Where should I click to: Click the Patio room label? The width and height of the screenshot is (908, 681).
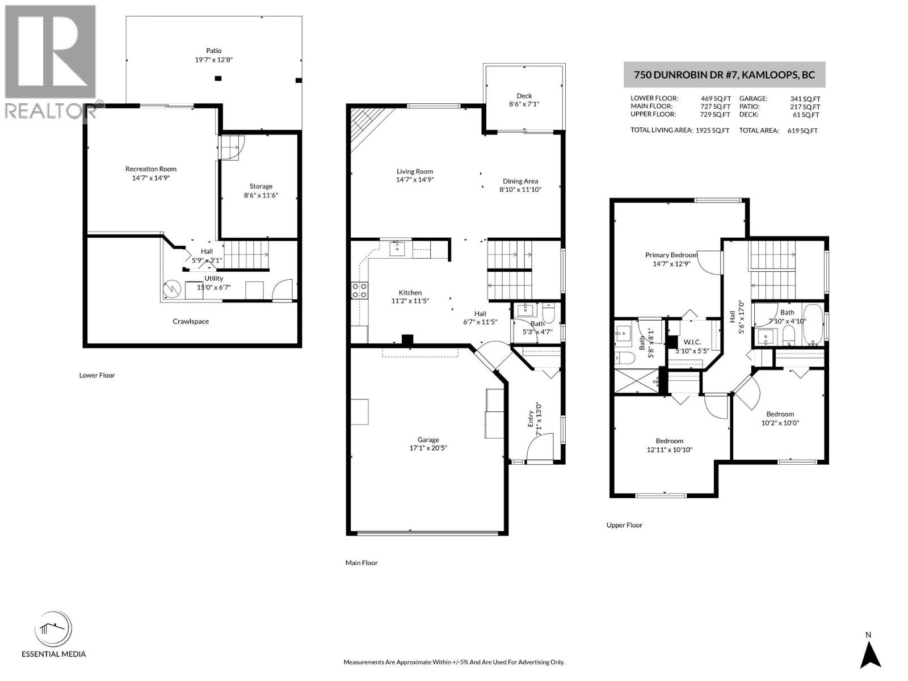click(x=214, y=51)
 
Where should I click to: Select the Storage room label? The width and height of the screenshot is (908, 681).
click(x=261, y=186)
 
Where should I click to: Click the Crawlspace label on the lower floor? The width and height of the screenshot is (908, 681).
click(x=191, y=321)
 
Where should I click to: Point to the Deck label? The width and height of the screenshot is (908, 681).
click(x=524, y=96)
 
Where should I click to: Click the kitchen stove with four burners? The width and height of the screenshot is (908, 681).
click(x=359, y=290)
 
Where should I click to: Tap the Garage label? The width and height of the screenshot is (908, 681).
click(x=428, y=439)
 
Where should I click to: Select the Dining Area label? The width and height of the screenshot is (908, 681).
click(x=520, y=181)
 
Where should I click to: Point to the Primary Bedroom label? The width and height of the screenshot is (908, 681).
click(x=671, y=255)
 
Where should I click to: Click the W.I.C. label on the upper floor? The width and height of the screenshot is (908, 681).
click(x=692, y=342)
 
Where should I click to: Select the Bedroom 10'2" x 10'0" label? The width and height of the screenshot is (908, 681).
click(x=780, y=414)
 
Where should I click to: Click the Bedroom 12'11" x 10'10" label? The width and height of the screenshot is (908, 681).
click(x=669, y=440)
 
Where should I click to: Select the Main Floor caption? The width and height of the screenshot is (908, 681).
click(x=361, y=562)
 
